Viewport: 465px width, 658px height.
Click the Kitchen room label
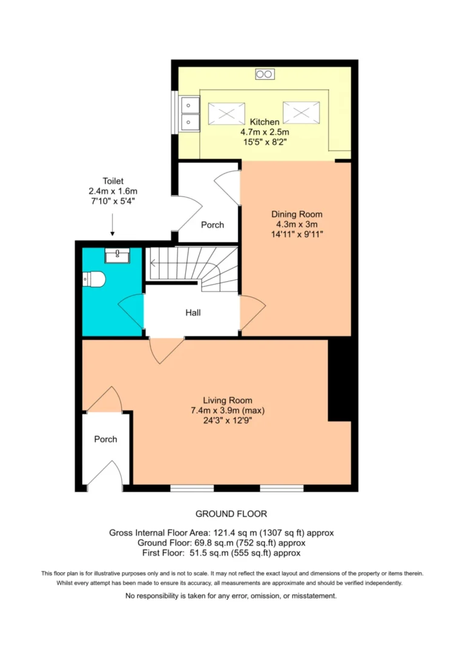point(264,122)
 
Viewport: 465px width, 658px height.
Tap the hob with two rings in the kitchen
point(265,75)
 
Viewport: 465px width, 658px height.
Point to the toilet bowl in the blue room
point(94,279)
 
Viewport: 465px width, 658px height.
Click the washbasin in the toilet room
point(117,255)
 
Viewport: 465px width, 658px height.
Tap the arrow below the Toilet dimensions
point(113,225)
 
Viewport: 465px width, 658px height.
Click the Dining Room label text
point(297,214)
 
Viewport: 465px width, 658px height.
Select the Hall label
point(193,313)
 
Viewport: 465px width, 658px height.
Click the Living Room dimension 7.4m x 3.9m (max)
point(228,410)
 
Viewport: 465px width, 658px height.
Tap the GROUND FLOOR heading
point(231,514)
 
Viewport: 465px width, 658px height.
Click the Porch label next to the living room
point(106,439)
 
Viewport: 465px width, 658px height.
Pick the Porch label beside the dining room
point(213,225)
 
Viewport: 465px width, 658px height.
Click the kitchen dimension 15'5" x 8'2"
point(265,142)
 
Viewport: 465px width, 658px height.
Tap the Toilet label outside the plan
point(113,181)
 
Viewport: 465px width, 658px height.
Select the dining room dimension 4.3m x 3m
point(297,224)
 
